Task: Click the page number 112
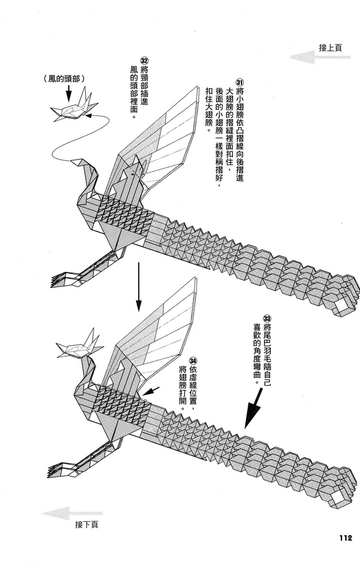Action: pos(345,538)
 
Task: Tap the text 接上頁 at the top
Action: pos(330,47)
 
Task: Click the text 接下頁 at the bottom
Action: pos(86,525)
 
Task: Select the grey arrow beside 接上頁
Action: pos(320,57)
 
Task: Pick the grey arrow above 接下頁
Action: pos(72,513)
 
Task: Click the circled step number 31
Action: pos(240,82)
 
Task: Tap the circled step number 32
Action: pos(144,60)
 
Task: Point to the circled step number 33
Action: pos(267,318)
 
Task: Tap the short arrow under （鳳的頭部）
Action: pos(67,93)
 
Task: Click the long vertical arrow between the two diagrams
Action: pos(138,287)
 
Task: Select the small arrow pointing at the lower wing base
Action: pos(152,391)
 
